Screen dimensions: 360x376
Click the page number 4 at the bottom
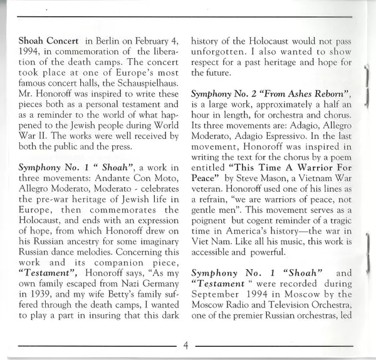point(186,344)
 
